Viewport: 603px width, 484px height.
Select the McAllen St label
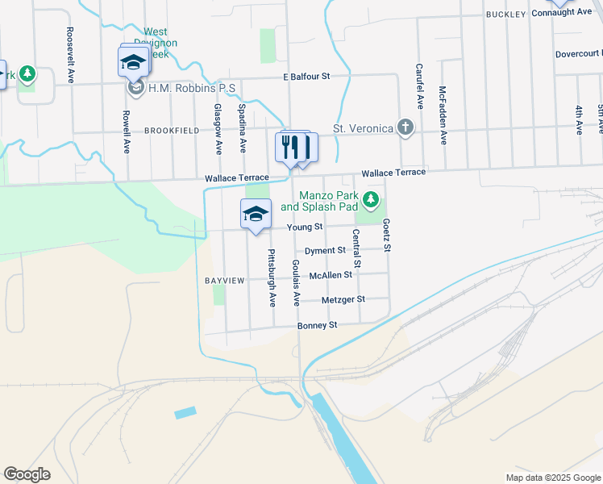(x=331, y=275)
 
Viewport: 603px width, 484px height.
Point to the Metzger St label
(x=343, y=299)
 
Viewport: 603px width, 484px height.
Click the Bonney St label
(x=317, y=325)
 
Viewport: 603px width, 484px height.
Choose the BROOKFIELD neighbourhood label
(x=171, y=130)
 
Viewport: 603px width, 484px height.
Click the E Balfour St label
(x=307, y=77)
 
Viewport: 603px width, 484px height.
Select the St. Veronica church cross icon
(x=405, y=127)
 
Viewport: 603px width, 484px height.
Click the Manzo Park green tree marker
(x=371, y=198)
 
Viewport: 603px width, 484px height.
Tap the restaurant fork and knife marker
(x=293, y=147)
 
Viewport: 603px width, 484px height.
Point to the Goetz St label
(x=387, y=234)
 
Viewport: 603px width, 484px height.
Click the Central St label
(x=356, y=248)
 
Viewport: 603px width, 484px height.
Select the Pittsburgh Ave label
(x=272, y=277)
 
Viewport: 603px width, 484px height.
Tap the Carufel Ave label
(x=420, y=87)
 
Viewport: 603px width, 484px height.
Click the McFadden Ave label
(x=443, y=115)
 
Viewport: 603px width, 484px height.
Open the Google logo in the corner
(x=27, y=474)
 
